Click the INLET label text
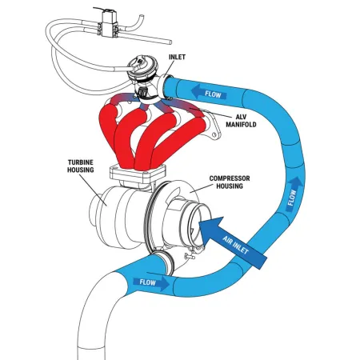pos(178,58)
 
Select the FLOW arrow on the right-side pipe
pos(294,193)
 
